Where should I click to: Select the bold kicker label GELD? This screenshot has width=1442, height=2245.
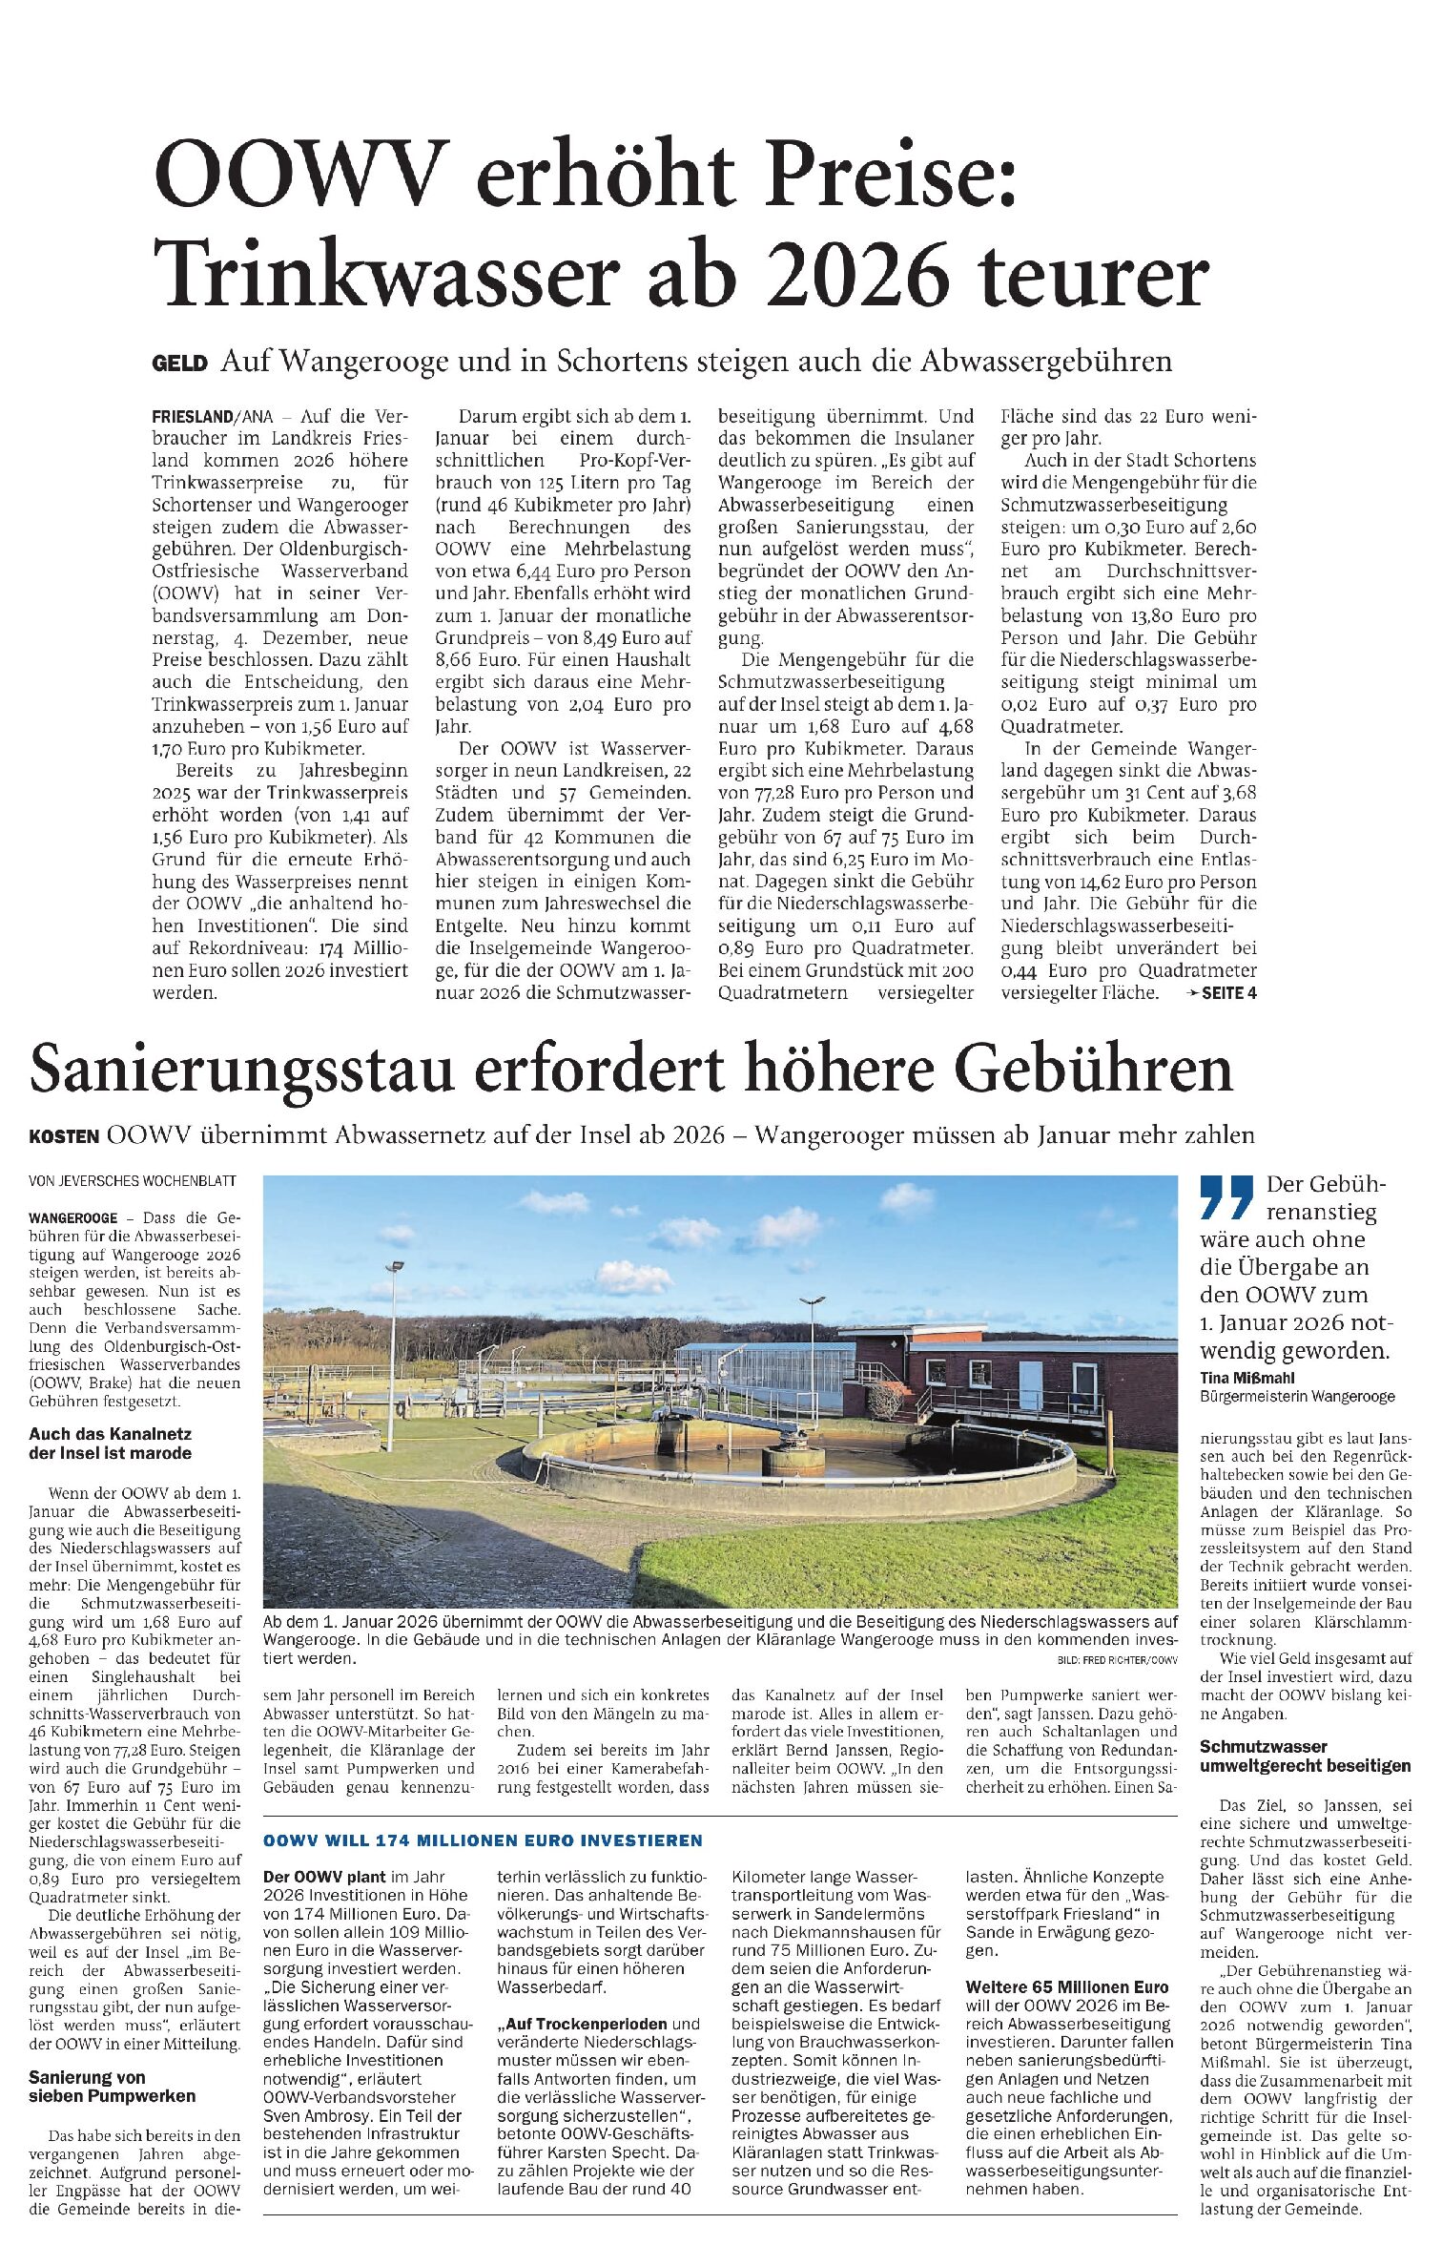click(179, 364)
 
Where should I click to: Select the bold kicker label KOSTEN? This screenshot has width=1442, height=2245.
click(64, 1136)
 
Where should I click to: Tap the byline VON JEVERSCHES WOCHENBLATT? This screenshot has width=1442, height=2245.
click(133, 1181)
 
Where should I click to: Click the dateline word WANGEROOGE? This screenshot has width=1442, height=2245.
click(73, 1218)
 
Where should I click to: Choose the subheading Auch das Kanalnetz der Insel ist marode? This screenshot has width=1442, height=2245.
click(110, 1444)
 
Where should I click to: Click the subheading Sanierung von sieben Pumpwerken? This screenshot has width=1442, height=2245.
click(112, 2087)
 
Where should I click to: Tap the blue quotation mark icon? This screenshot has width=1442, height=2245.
click(1226, 1197)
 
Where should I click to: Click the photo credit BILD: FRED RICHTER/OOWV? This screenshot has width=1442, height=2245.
click(1118, 1661)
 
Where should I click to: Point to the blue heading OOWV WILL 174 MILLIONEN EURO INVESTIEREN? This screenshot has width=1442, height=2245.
click(483, 1840)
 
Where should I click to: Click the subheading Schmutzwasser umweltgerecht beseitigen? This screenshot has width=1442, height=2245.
click(1305, 1756)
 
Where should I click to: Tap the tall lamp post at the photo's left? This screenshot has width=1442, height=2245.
click(392, 1355)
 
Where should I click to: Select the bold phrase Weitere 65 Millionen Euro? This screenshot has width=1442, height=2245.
click(1066, 1987)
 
